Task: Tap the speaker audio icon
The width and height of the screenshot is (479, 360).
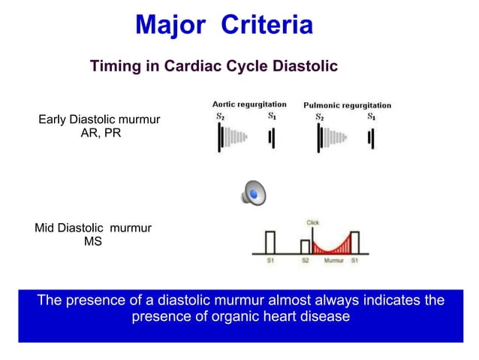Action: (x=254, y=194)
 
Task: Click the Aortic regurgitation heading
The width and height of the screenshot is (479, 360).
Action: (x=249, y=104)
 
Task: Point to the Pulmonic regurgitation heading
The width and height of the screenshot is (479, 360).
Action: (x=347, y=105)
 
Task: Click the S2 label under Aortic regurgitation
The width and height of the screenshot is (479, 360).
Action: (x=220, y=116)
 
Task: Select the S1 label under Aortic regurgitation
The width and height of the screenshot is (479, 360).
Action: (x=272, y=116)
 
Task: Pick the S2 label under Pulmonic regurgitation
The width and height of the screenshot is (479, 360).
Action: (x=320, y=117)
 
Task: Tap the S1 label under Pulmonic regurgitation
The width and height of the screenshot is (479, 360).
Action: (x=371, y=117)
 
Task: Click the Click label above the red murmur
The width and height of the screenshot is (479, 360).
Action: (x=312, y=223)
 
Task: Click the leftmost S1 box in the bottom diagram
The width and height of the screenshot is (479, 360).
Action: (x=270, y=242)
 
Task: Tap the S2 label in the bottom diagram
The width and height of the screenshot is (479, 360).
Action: (x=306, y=261)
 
